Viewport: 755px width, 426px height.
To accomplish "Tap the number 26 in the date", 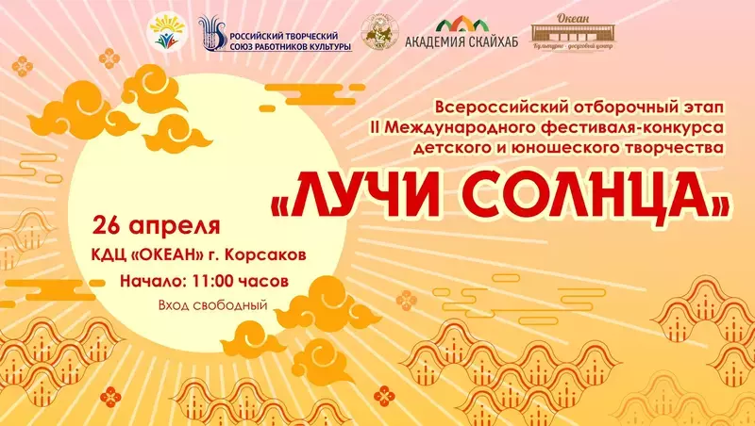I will point(108,226).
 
